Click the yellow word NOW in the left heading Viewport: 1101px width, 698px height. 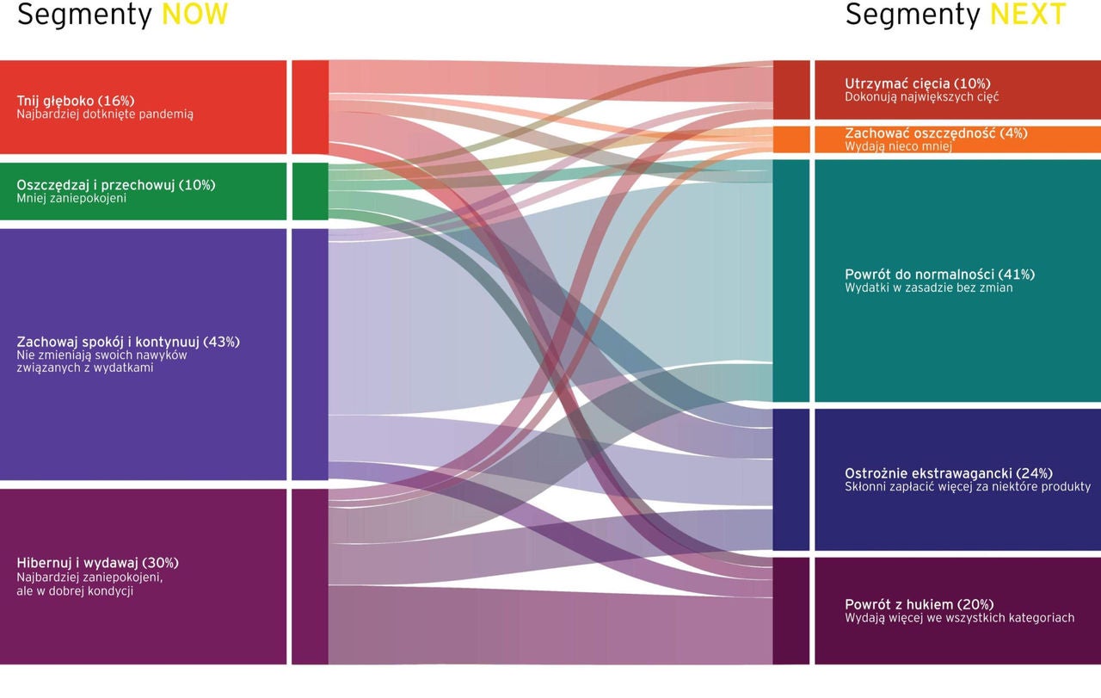click(x=194, y=15)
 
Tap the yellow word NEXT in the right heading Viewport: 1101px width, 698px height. click(x=1028, y=15)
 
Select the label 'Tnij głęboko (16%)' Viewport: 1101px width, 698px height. click(x=76, y=101)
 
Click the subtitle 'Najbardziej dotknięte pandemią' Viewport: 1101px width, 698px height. click(x=105, y=114)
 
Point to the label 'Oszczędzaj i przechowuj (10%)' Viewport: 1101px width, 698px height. click(x=116, y=185)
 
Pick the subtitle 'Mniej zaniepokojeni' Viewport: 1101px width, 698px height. click(x=71, y=199)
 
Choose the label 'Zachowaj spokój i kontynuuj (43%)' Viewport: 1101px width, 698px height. click(x=128, y=342)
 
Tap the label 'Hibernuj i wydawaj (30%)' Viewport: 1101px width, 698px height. click(x=98, y=563)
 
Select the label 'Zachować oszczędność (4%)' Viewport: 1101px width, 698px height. click(x=936, y=133)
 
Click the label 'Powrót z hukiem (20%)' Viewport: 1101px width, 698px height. click(x=919, y=604)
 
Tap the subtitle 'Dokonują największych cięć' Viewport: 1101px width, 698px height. click(x=922, y=97)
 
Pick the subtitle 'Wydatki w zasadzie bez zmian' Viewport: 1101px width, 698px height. click(x=929, y=288)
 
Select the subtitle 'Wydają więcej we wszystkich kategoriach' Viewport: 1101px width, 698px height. click(x=960, y=618)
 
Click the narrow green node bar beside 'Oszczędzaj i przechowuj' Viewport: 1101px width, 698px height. click(x=310, y=191)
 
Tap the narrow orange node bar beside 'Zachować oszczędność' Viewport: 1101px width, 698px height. click(x=791, y=139)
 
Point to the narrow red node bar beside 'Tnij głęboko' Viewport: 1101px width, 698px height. click(x=310, y=108)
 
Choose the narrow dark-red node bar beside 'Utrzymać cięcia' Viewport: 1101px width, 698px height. click(x=791, y=90)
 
